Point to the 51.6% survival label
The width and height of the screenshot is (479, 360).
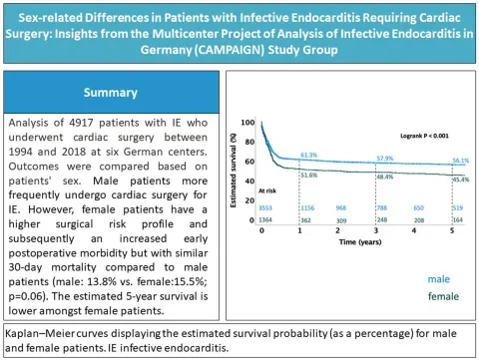309,175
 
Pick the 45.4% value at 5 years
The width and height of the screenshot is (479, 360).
460,180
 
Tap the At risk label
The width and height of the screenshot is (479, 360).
266,187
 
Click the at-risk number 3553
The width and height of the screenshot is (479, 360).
266,207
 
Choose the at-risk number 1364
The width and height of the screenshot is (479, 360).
266,218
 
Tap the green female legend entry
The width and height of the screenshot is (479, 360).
435,296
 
